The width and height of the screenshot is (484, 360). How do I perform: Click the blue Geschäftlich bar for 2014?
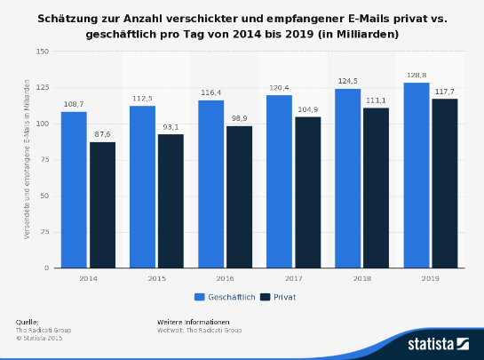point(74,189)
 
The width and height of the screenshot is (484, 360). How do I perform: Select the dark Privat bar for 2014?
point(102,204)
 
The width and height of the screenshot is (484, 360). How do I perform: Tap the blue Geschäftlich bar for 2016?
point(210,184)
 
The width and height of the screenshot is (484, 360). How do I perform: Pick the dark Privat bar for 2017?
point(308,192)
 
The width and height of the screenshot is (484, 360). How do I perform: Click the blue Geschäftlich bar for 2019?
point(417,175)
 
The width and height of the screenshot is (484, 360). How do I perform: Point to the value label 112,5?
point(142,99)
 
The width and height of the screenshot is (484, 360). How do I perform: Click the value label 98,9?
point(240,118)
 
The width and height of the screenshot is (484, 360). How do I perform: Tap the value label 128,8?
point(417,76)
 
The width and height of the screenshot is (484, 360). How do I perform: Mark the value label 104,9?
point(308,109)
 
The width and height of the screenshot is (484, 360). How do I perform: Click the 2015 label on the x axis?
point(156,278)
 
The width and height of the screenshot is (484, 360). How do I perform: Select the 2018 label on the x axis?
point(361,278)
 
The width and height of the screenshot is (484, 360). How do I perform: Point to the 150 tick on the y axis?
point(42,52)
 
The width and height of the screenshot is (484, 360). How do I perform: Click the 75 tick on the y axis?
point(44,160)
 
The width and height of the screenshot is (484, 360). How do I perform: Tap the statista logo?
point(437,342)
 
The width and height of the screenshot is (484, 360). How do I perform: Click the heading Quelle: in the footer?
point(27,321)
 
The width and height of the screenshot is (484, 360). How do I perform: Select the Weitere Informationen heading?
point(193,321)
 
